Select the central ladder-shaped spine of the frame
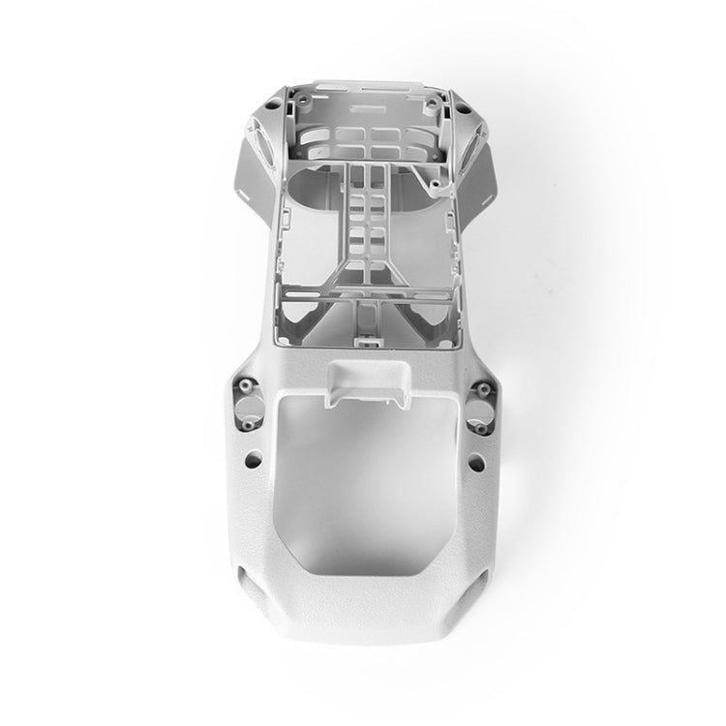(363, 227)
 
